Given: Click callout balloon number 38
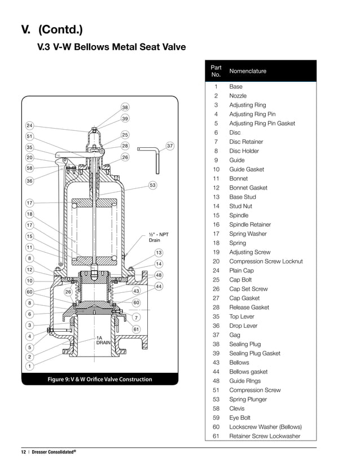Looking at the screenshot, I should pyautogui.click(x=125, y=107).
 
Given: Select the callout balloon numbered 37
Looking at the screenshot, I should pyautogui.click(x=169, y=146).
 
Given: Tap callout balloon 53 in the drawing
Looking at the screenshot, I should pyautogui.click(x=152, y=185).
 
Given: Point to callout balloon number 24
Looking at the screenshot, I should pyautogui.click(x=29, y=125).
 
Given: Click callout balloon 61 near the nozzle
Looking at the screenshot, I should pyautogui.click(x=136, y=329).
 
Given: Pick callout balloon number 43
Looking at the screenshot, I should pyautogui.click(x=136, y=291).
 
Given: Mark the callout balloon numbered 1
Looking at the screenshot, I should pyautogui.click(x=29, y=366).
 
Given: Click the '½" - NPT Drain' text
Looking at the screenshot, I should pyautogui.click(x=159, y=238).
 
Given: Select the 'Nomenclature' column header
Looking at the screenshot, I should pyautogui.click(x=248, y=71).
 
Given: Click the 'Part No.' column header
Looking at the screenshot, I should pyautogui.click(x=216, y=71).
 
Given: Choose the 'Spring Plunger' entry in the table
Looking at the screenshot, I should pyautogui.click(x=248, y=399).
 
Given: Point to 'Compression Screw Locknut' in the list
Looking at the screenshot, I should pyautogui.click(x=266, y=261).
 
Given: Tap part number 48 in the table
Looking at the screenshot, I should pyautogui.click(x=216, y=381).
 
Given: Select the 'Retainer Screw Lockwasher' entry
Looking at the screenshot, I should pyautogui.click(x=265, y=436).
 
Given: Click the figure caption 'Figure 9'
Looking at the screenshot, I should pyautogui.click(x=100, y=379).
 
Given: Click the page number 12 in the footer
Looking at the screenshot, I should pyautogui.click(x=24, y=452).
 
